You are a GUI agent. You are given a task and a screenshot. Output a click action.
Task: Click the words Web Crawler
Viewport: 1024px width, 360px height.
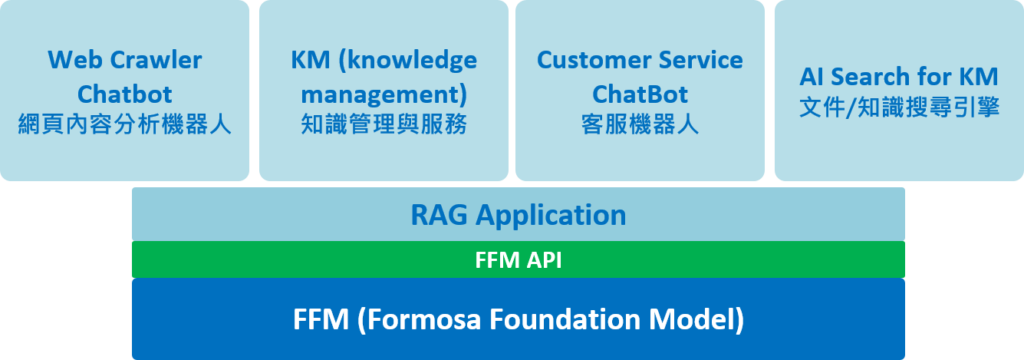tap(125, 61)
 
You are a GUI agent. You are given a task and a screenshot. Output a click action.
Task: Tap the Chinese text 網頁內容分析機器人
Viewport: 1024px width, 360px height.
tap(125, 124)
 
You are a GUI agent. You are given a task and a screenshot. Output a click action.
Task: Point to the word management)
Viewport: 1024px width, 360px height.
tap(384, 94)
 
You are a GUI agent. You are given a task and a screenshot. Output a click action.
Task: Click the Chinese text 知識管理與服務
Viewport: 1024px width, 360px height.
tap(384, 124)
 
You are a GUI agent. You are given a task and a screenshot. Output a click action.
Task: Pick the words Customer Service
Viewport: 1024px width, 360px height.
tap(640, 61)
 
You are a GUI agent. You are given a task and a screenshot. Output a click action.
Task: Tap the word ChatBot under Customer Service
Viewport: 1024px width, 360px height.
tap(640, 94)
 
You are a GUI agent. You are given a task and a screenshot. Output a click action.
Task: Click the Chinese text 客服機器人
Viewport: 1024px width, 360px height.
tap(640, 124)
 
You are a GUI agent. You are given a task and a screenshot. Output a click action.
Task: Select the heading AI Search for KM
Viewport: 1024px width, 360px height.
tap(899, 77)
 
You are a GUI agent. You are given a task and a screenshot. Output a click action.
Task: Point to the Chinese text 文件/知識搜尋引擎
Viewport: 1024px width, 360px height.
tap(899, 108)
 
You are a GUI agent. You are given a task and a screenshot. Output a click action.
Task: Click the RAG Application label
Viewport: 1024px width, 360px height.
tap(518, 215)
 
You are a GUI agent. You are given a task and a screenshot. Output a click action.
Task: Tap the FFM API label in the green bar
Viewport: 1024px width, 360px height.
tap(518, 260)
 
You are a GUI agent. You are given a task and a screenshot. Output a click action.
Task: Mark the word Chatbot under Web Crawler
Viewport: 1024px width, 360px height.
tap(125, 94)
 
